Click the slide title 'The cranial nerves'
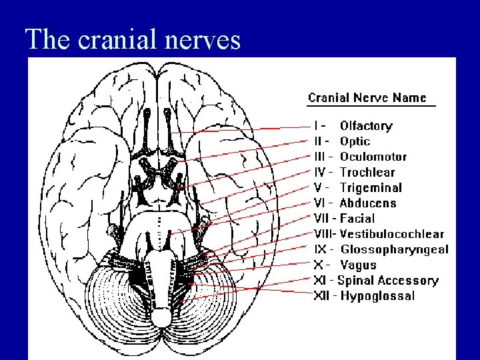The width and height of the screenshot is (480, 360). [x=132, y=40]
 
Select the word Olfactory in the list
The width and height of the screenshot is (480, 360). [x=366, y=126]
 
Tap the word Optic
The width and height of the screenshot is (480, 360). [x=355, y=141]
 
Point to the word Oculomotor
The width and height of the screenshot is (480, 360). [x=373, y=157]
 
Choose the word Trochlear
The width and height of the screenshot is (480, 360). [x=367, y=172]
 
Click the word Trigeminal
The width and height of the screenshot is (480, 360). [x=371, y=188]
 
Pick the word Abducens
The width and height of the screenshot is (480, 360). [x=368, y=203]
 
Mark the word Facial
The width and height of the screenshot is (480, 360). [x=357, y=219]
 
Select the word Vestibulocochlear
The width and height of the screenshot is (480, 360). [x=392, y=234]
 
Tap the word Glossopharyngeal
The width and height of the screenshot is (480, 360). [x=395, y=249]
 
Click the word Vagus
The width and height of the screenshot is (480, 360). [x=359, y=265]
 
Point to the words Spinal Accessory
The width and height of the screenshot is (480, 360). [x=388, y=281]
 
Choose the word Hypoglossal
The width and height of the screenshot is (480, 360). [x=377, y=296]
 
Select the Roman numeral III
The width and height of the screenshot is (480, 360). [x=319, y=157]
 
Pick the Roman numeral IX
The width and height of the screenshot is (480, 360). [x=320, y=249]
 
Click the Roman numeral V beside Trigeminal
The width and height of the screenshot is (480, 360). [x=318, y=188]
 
